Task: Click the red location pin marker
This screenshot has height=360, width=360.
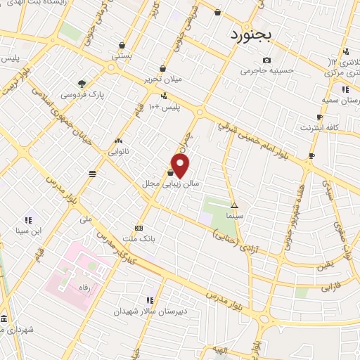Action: tap(181, 166)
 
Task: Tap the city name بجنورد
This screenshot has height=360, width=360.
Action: tap(251, 34)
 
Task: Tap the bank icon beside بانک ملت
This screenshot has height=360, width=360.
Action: tap(139, 228)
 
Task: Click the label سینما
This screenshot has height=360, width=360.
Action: tap(236, 217)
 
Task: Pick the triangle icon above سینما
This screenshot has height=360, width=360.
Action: tap(235, 207)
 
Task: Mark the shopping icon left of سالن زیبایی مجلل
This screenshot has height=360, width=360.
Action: tap(171, 172)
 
